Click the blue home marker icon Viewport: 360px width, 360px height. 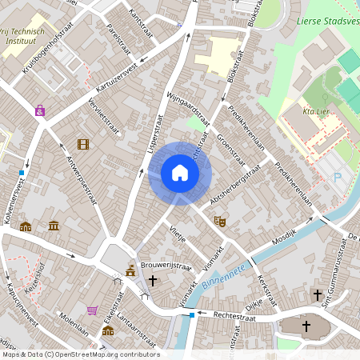coord(180,173)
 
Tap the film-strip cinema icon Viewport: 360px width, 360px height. coord(83,144)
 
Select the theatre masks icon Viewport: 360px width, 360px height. coord(220,221)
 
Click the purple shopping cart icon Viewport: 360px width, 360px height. coord(92,310)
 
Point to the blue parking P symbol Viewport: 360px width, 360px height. coord(337,178)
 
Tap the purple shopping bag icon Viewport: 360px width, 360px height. coord(39,111)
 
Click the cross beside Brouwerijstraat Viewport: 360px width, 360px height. coord(152,281)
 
